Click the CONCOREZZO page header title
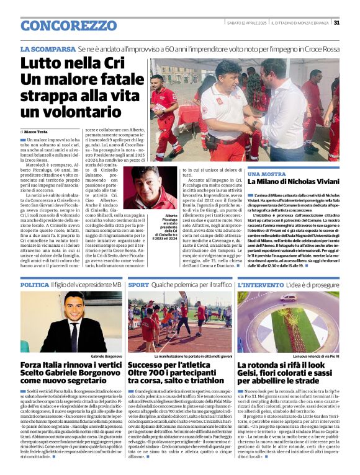coord(60,25)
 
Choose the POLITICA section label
coord(35,285)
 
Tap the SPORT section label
coord(138,285)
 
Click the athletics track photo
coord(179,322)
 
